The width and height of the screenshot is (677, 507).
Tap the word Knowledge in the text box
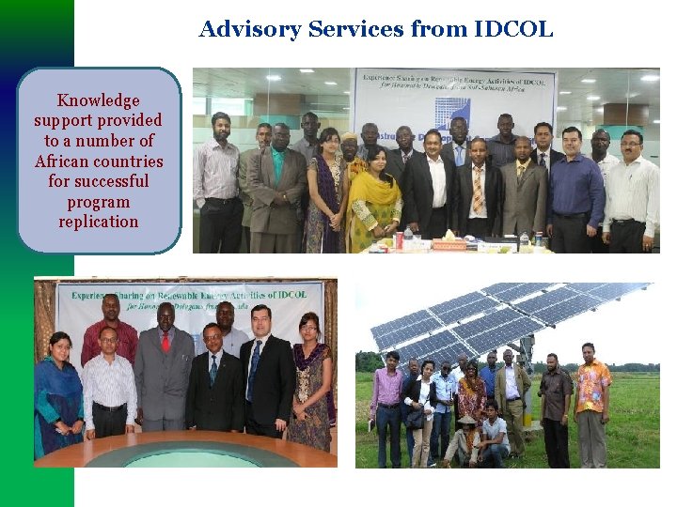[98, 100]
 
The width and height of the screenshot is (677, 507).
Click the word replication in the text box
[98, 222]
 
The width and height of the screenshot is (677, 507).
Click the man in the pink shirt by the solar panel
[386, 404]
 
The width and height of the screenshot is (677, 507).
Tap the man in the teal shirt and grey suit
[276, 183]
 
